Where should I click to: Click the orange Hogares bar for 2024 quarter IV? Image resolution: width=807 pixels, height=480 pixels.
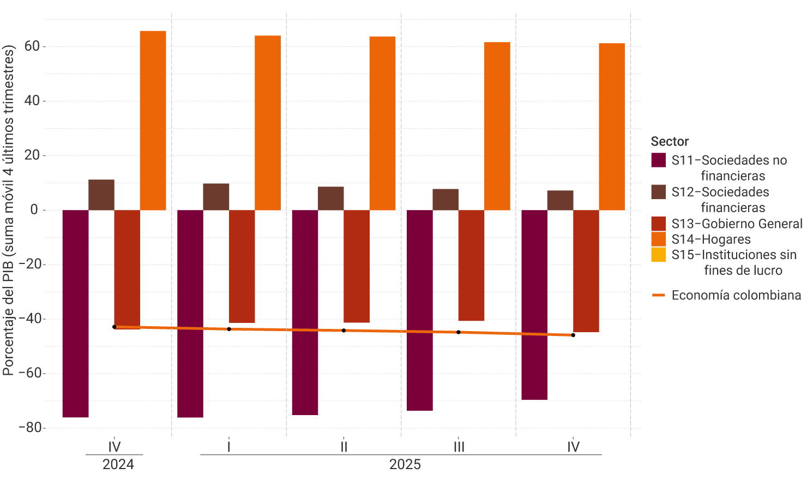pyautogui.click(x=153, y=121)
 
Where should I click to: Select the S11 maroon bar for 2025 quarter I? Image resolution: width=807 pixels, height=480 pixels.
pyautogui.click(x=190, y=314)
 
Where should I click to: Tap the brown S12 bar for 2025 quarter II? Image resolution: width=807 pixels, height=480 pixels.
pyautogui.click(x=331, y=199)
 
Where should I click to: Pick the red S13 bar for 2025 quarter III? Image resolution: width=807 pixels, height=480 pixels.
pyautogui.click(x=471, y=265)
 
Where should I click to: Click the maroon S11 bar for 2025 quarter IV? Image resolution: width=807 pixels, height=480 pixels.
pyautogui.click(x=534, y=305)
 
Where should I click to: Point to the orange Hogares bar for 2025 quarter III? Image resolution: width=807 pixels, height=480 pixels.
pyautogui.click(x=497, y=126)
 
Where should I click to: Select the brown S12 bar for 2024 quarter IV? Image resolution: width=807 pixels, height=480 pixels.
pyautogui.click(x=101, y=195)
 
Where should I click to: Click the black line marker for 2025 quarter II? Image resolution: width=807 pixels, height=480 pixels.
pyautogui.click(x=344, y=331)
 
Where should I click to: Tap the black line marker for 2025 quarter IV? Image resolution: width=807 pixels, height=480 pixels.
pyautogui.click(x=573, y=335)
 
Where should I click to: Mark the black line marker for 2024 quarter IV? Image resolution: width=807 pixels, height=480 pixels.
pyautogui.click(x=115, y=327)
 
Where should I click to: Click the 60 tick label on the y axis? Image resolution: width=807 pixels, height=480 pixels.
pyautogui.click(x=32, y=46)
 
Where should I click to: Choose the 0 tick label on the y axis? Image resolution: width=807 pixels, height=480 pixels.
pyautogui.click(x=34, y=210)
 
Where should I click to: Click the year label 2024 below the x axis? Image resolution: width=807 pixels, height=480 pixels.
pyautogui.click(x=118, y=465)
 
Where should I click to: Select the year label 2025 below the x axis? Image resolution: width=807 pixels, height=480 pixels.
pyautogui.click(x=405, y=465)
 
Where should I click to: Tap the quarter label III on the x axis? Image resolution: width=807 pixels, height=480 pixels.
pyautogui.click(x=459, y=447)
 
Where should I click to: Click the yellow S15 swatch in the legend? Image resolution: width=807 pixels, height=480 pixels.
pyautogui.click(x=659, y=255)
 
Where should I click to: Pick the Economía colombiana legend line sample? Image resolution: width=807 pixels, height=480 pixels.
pyautogui.click(x=659, y=295)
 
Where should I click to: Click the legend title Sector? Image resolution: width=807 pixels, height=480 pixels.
pyautogui.click(x=670, y=141)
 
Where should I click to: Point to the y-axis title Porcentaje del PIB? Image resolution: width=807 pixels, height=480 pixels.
pyautogui.click(x=8, y=210)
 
